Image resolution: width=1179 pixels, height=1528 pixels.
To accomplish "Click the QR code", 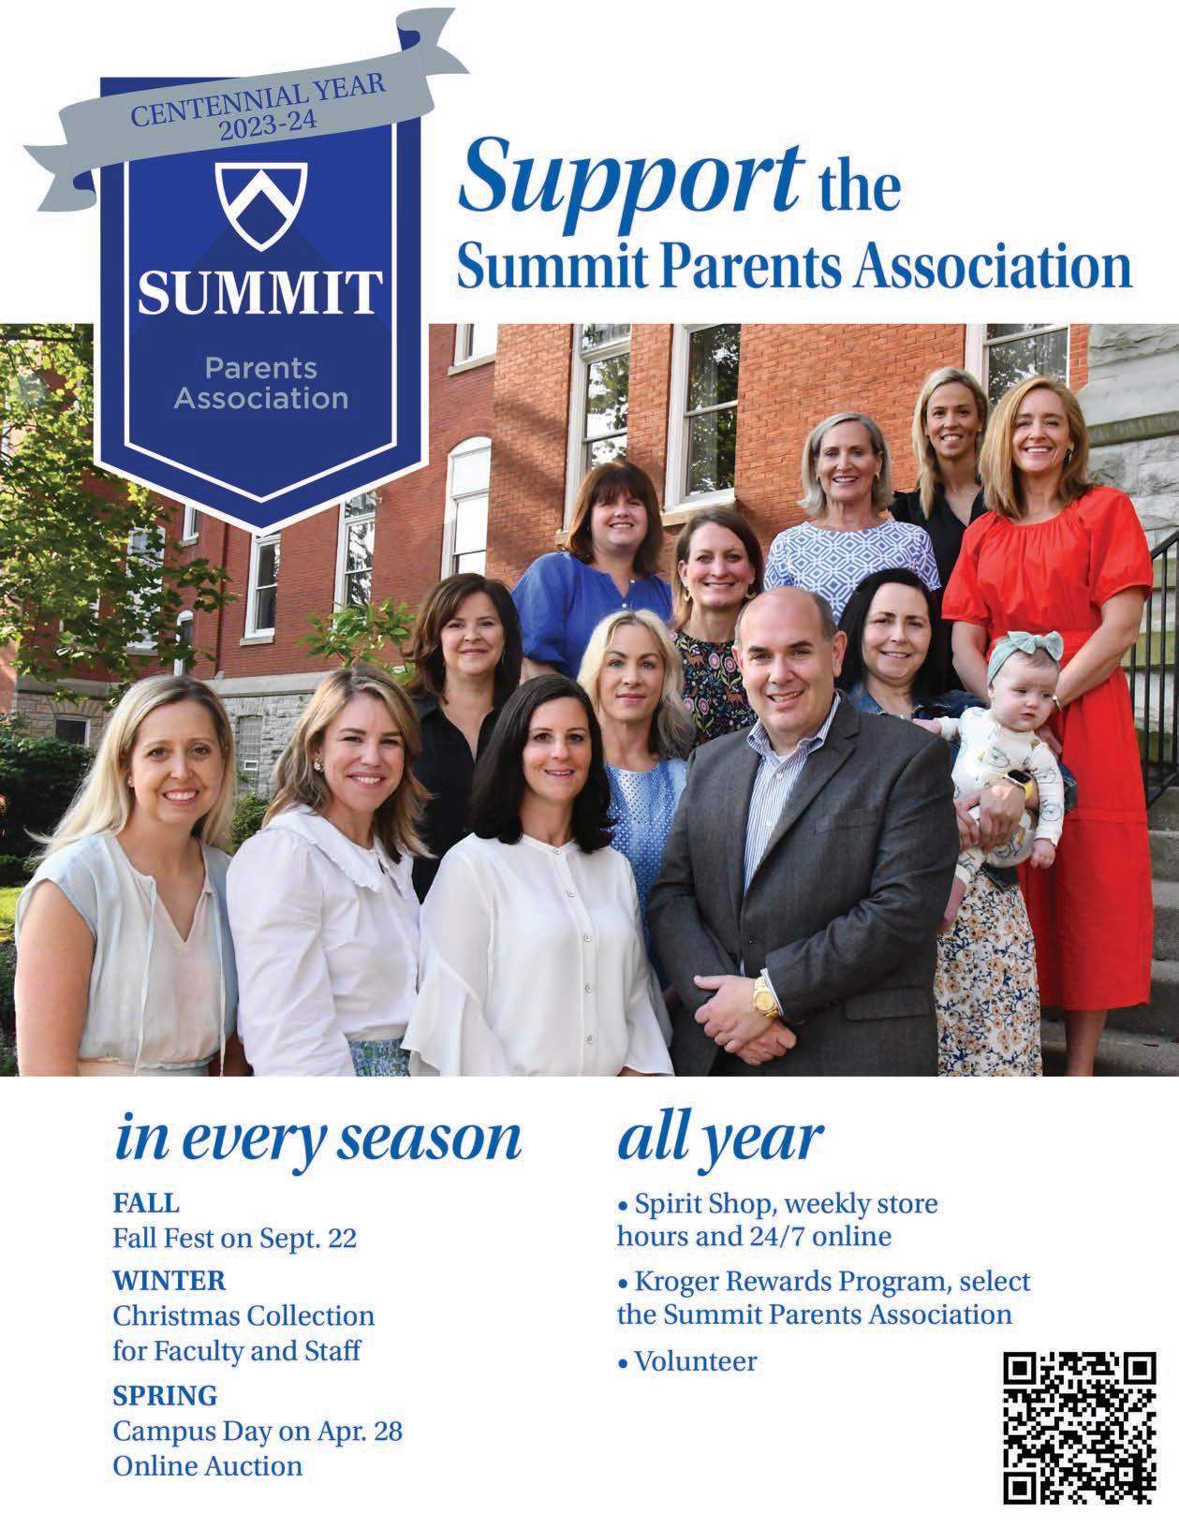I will pyautogui.click(x=1080, y=1423).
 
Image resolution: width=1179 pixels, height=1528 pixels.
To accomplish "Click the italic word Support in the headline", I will pyautogui.click(x=631, y=175).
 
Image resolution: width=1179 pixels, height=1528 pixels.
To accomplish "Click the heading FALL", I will pyautogui.click(x=145, y=1202).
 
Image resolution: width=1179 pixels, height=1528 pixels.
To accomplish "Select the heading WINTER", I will pyautogui.click(x=169, y=1279).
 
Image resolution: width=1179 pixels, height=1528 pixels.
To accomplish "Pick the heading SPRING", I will pyautogui.click(x=165, y=1395).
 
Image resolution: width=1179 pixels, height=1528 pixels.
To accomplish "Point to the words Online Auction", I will pyautogui.click(x=208, y=1465).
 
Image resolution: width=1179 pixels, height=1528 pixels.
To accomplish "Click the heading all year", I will pyautogui.click(x=720, y=1139).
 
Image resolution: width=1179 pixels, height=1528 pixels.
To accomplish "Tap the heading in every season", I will pyautogui.click(x=317, y=1140).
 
